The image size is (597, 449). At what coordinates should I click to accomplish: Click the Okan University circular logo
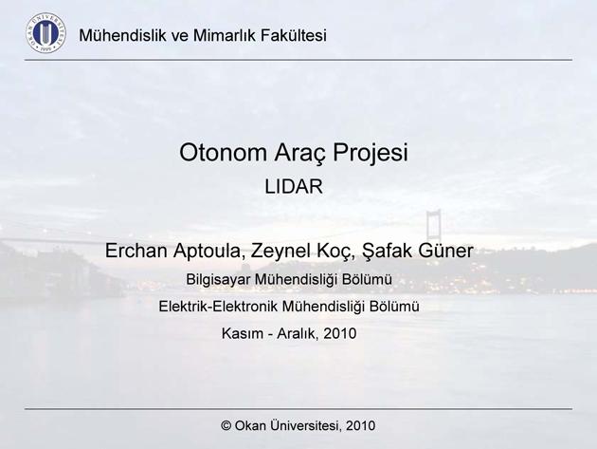tap(46, 33)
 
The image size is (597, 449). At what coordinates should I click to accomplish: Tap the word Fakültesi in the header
tap(294, 35)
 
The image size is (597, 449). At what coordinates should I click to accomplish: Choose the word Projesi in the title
tap(371, 154)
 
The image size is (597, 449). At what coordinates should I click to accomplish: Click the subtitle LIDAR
tap(294, 187)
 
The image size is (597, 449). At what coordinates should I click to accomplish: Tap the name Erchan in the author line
tap(136, 251)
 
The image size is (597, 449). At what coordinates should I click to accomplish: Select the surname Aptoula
tap(209, 252)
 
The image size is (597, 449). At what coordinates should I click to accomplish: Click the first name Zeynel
tap(281, 251)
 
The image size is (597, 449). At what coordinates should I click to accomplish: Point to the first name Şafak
tap(388, 251)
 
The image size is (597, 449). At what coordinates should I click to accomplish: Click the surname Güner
tap(446, 251)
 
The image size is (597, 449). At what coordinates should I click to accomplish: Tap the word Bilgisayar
tap(218, 280)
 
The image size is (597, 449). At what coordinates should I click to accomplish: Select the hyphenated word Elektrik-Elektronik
tap(219, 307)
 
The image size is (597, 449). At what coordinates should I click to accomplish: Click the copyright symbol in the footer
tap(226, 425)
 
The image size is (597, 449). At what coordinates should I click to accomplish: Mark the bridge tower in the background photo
tap(434, 225)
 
